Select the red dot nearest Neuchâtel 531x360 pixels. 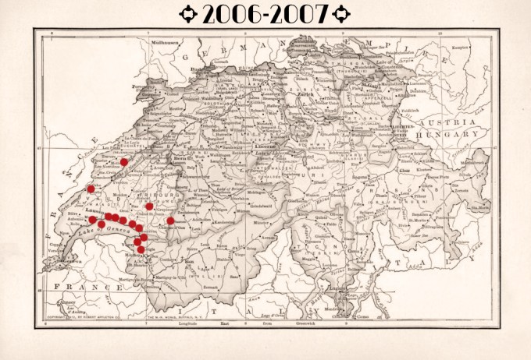pyautogui.click(x=124, y=162)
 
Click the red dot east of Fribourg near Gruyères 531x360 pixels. pyautogui.click(x=170, y=221)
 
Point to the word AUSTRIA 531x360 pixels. pyautogui.click(x=441, y=124)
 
